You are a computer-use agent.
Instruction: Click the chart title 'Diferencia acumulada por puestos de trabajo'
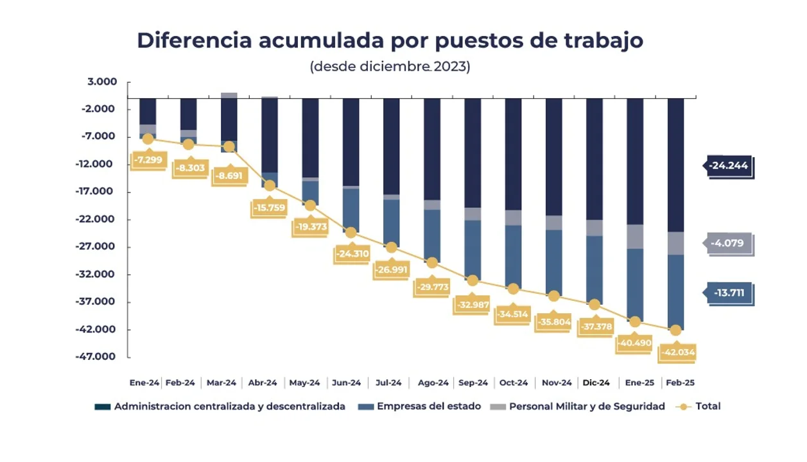390,40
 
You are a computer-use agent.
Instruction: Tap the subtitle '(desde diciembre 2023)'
390,67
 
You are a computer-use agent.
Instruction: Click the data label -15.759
269,208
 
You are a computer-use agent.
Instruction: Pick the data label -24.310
352,253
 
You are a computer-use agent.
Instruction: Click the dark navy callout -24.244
728,166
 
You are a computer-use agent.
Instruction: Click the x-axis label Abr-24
263,382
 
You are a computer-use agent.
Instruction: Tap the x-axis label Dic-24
596,382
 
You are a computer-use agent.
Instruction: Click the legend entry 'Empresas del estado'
428,406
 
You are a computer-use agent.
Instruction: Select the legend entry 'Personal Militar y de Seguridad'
587,406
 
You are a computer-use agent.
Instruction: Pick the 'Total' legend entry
707,406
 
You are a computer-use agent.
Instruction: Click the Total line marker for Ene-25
634,321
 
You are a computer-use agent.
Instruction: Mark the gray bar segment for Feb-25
675,243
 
